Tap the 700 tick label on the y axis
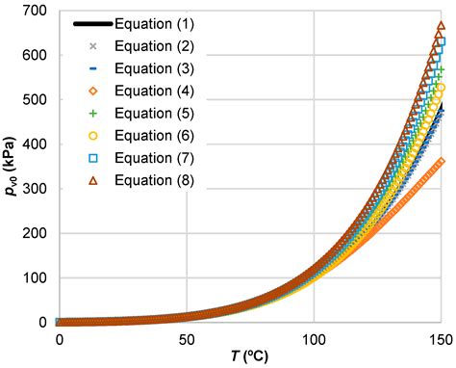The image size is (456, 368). pyautogui.click(x=34, y=10)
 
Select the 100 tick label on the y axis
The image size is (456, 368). pyautogui.click(x=34, y=278)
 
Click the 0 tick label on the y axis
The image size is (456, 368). pyautogui.click(x=41, y=323)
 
